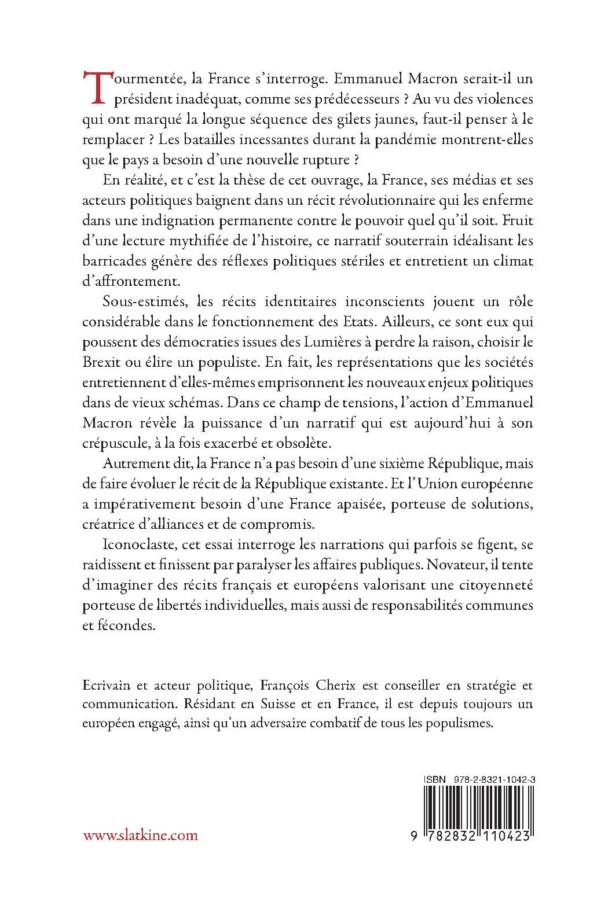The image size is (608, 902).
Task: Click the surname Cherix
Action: (x=361, y=686)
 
